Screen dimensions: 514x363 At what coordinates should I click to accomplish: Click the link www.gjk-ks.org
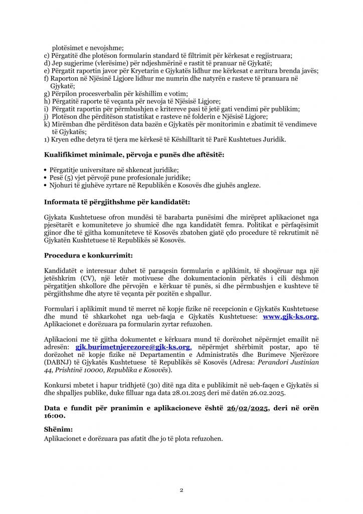pos(291,317)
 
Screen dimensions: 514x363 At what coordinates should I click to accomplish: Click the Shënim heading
pos(58,429)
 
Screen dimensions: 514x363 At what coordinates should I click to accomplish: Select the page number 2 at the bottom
pos(181,489)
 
